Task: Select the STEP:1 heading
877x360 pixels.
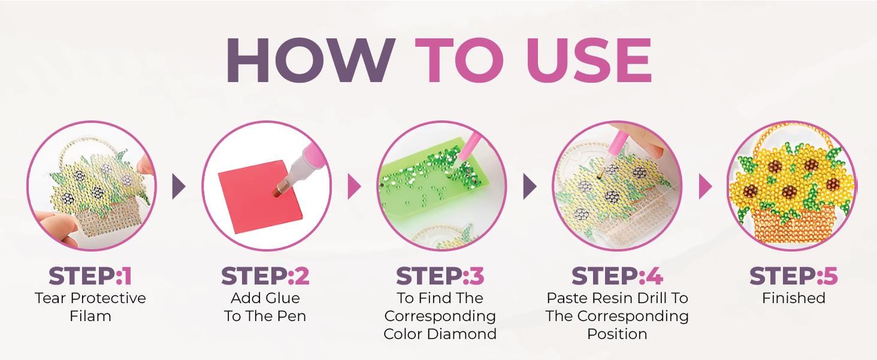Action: tap(90, 276)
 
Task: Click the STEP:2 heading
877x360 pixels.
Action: tap(265, 276)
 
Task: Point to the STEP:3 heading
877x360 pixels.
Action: tap(440, 276)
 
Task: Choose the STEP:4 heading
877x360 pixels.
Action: tap(617, 276)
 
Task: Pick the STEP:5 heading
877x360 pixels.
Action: tap(793, 276)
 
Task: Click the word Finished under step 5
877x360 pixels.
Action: tap(794, 298)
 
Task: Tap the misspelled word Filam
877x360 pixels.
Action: tap(90, 316)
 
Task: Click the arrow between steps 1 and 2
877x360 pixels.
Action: tap(179, 186)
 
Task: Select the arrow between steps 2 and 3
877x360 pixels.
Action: tap(354, 186)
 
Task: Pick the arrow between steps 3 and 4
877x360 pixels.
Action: tap(530, 186)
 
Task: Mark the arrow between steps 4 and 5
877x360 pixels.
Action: tap(706, 186)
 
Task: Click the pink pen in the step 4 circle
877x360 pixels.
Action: tap(615, 149)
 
